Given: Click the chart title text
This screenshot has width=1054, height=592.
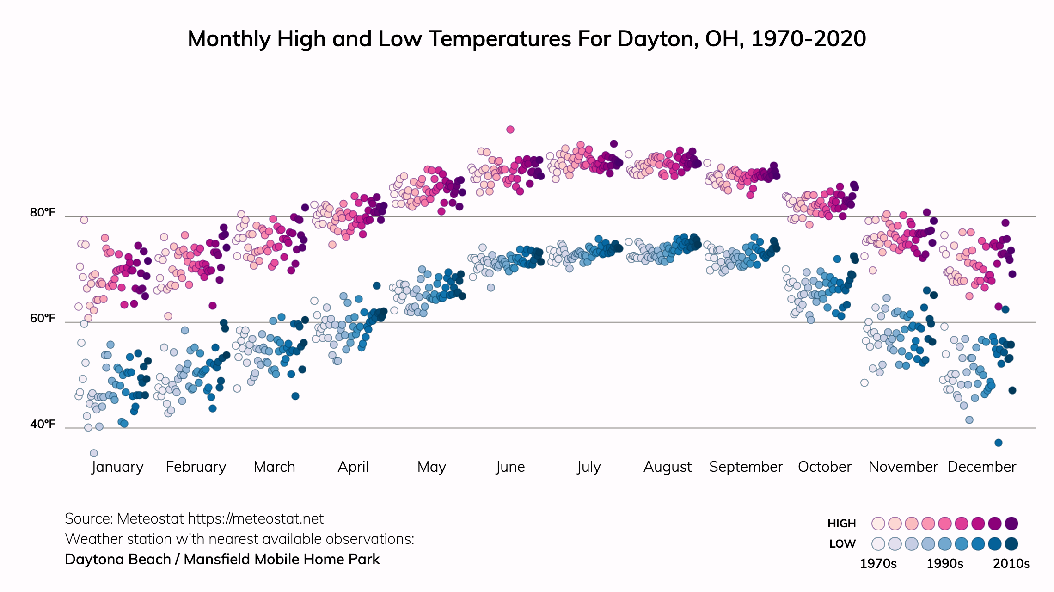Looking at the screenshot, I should (527, 39).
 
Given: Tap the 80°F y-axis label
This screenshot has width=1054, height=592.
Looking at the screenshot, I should (43, 213).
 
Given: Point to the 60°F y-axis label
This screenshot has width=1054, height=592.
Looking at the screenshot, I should (43, 319).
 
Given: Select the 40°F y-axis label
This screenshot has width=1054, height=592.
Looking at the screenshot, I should (43, 425).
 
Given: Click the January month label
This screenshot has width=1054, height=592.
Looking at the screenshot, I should (117, 467).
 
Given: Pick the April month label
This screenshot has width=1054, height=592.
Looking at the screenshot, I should (353, 467).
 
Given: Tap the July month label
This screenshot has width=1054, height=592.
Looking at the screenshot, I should (588, 467).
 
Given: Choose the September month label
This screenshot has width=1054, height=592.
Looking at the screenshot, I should (746, 467).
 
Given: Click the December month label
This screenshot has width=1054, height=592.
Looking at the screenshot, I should (981, 467).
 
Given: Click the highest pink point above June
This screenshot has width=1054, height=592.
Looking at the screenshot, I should (510, 129).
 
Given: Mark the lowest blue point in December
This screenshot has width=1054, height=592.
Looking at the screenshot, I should (998, 443).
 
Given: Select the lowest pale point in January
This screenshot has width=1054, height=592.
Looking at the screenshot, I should (94, 453).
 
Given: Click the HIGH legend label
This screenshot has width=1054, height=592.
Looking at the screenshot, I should (841, 524).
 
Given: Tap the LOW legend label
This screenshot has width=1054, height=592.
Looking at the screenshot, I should (842, 544).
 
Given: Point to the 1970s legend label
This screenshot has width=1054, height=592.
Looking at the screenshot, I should (878, 564).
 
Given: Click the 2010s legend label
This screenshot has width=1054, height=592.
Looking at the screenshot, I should (1011, 564).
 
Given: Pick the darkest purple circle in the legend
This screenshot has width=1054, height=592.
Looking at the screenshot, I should (1011, 524).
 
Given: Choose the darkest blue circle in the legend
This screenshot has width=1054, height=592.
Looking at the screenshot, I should (1011, 544).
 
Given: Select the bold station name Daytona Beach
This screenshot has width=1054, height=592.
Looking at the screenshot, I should (118, 560).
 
